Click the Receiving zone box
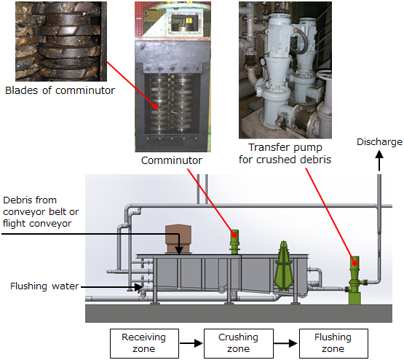144,343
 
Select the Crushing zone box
239,343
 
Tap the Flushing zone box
333,343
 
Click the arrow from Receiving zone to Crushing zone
191,343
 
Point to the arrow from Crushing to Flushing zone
286,343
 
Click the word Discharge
379,142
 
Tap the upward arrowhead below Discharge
379,154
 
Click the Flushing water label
44,286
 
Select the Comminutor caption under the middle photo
172,160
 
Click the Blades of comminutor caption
60,90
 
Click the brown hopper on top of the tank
178,239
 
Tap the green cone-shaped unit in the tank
283,265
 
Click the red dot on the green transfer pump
355,263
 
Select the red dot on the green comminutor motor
234,235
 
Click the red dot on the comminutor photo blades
155,106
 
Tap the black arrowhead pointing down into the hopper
179,251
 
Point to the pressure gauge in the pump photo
262,62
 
